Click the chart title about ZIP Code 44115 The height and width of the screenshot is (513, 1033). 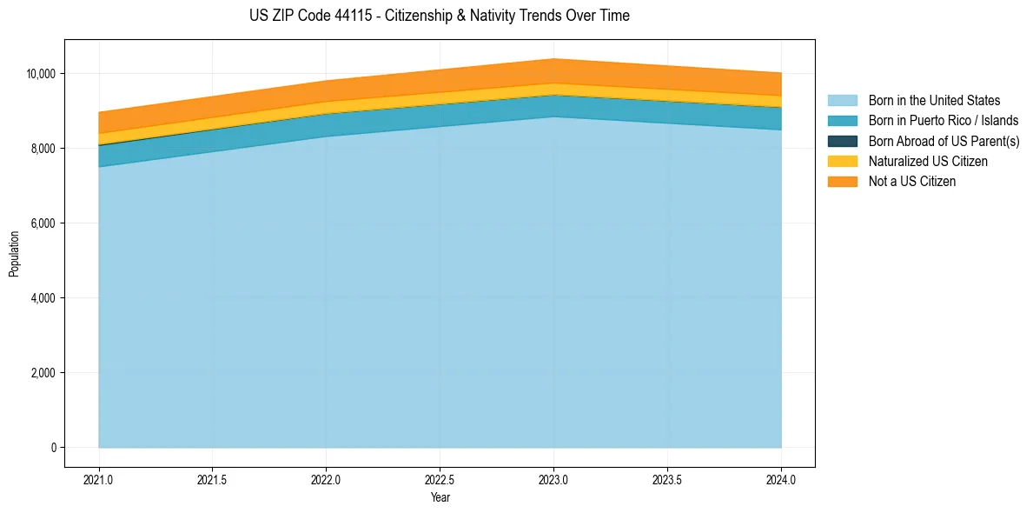click(x=439, y=16)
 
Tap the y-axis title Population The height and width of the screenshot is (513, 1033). click(x=14, y=254)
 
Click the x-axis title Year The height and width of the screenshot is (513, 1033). click(x=440, y=497)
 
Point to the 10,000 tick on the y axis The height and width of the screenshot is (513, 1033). click(x=41, y=74)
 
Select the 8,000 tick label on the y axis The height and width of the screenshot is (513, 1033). click(x=43, y=149)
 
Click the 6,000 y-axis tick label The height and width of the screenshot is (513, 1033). click(x=43, y=223)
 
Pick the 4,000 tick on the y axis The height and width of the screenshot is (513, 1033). click(x=43, y=298)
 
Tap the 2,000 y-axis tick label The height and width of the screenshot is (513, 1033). click(x=43, y=373)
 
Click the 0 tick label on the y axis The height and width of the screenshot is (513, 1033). click(x=53, y=448)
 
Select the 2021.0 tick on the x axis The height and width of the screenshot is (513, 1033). click(x=99, y=479)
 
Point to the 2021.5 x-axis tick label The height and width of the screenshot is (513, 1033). click(x=213, y=479)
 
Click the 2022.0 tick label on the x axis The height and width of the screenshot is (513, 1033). click(x=326, y=479)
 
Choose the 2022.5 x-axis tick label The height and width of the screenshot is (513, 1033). click(x=440, y=479)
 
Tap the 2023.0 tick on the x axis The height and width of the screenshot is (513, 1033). click(x=553, y=479)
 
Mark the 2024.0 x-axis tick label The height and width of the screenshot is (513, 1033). click(x=781, y=479)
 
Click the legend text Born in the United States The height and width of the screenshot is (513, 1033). click(x=934, y=101)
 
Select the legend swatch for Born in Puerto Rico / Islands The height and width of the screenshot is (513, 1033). click(x=842, y=121)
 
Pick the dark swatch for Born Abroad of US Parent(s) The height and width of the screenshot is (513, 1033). click(x=842, y=141)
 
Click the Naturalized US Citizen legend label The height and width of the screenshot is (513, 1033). click(x=928, y=162)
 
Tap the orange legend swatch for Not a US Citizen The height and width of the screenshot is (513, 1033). click(x=842, y=182)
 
